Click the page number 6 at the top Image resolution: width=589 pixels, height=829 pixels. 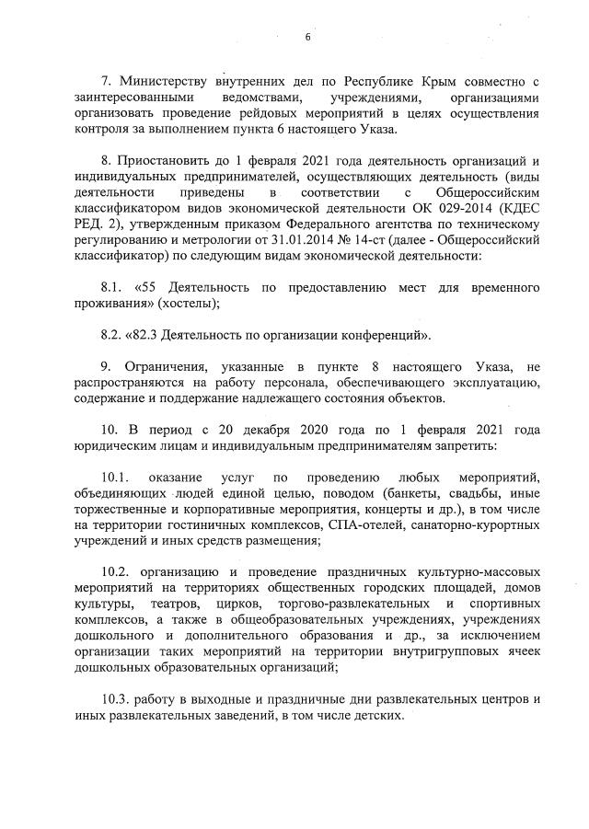tap(308, 38)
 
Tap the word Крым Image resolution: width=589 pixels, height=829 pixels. tap(445, 80)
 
